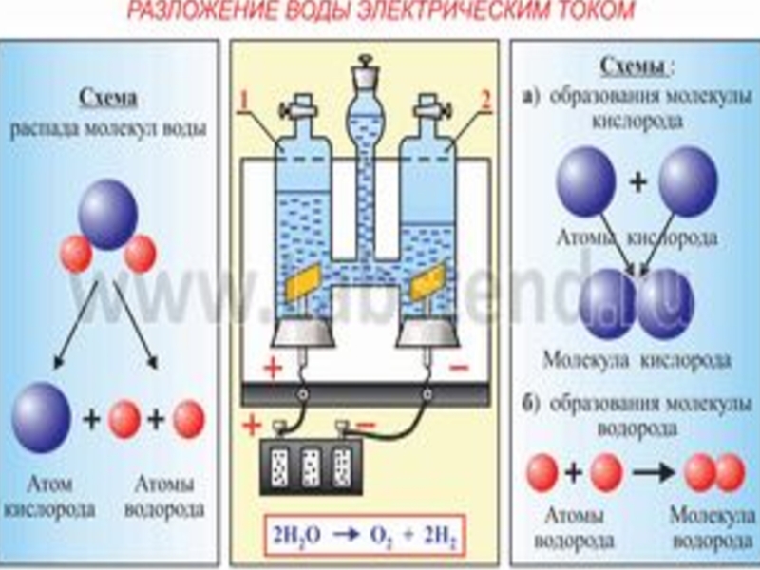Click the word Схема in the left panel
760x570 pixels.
click(109, 98)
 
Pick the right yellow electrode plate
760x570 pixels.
click(426, 280)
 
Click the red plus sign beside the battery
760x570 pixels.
click(250, 425)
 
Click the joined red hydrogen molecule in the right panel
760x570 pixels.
click(715, 472)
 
